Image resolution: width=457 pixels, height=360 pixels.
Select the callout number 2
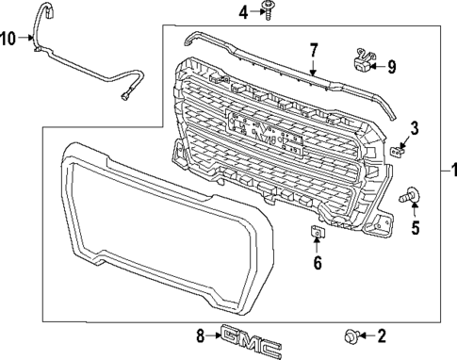(383, 335)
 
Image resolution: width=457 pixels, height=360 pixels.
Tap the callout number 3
(413, 128)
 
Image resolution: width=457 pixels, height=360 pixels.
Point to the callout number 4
(242, 12)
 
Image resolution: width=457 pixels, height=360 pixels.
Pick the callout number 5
(416, 226)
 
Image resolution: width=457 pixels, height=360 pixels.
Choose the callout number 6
(318, 263)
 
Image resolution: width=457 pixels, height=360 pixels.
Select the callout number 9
(392, 66)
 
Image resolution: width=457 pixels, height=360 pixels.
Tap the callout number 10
(8, 39)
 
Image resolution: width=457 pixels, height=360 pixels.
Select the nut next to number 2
(351, 335)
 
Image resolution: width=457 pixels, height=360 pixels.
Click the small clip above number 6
(318, 233)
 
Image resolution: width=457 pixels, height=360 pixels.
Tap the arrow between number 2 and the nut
(367, 335)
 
